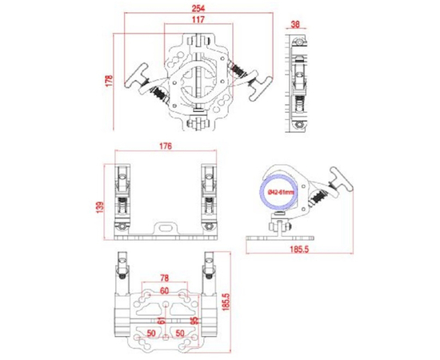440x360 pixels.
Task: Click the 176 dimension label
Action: tap(166, 146)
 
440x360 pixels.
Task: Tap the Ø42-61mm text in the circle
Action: tap(281, 193)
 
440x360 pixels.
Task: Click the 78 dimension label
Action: tap(164, 278)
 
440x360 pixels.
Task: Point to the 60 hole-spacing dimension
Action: tap(164, 290)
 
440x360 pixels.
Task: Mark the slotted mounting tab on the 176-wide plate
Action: tap(166, 229)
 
